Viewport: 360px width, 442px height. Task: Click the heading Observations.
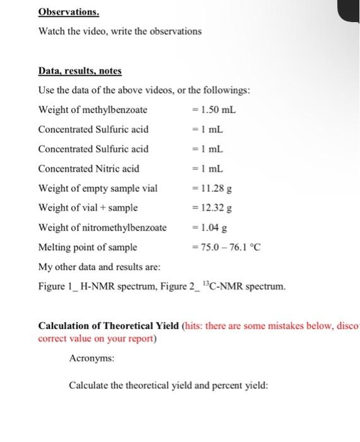68,12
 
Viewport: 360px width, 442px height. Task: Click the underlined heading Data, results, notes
80,71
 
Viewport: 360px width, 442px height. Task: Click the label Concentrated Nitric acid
88,169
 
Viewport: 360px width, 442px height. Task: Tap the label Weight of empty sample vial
98,188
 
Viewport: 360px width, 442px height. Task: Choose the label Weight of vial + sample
88,207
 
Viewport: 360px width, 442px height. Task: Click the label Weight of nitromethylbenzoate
102,227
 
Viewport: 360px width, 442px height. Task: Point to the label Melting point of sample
88,246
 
